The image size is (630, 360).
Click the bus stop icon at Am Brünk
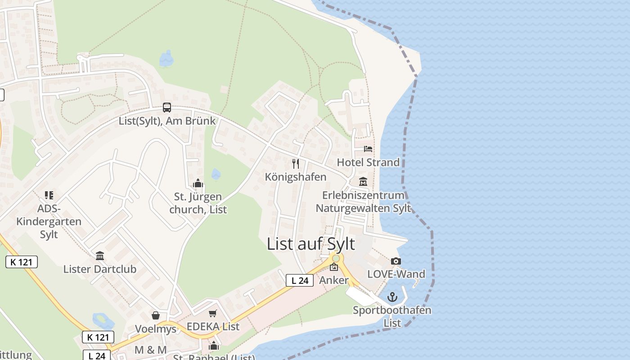(x=167, y=108)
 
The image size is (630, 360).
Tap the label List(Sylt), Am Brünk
(x=167, y=121)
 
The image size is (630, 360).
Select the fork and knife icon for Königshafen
(x=296, y=163)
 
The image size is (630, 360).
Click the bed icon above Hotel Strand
(x=368, y=148)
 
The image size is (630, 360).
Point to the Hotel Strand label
(x=368, y=162)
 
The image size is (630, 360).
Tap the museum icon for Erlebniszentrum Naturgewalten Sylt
(x=363, y=182)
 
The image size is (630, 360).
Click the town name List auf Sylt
(x=311, y=244)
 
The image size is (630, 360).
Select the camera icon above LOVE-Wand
(x=396, y=261)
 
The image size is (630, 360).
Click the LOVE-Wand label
(x=396, y=274)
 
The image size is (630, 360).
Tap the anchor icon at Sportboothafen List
(x=392, y=297)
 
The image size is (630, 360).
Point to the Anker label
(x=334, y=280)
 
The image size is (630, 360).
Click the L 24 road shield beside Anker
(x=300, y=280)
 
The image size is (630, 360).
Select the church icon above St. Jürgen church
(x=198, y=184)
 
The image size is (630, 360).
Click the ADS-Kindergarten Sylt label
(x=49, y=221)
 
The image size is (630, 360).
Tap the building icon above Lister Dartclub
(x=100, y=256)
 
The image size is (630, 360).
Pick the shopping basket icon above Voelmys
(x=156, y=315)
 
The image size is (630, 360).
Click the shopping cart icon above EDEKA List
(x=213, y=313)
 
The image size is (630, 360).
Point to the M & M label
(x=150, y=350)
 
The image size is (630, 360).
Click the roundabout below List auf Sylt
(x=336, y=258)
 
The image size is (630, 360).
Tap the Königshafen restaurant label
(x=296, y=177)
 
